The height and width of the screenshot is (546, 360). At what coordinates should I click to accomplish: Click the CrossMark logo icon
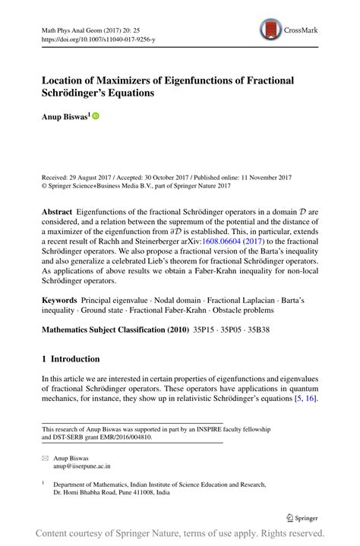[x=270, y=30]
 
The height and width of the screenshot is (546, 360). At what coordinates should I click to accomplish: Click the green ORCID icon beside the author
[x=96, y=116]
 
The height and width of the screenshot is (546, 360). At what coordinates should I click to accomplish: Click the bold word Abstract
[x=59, y=210]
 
